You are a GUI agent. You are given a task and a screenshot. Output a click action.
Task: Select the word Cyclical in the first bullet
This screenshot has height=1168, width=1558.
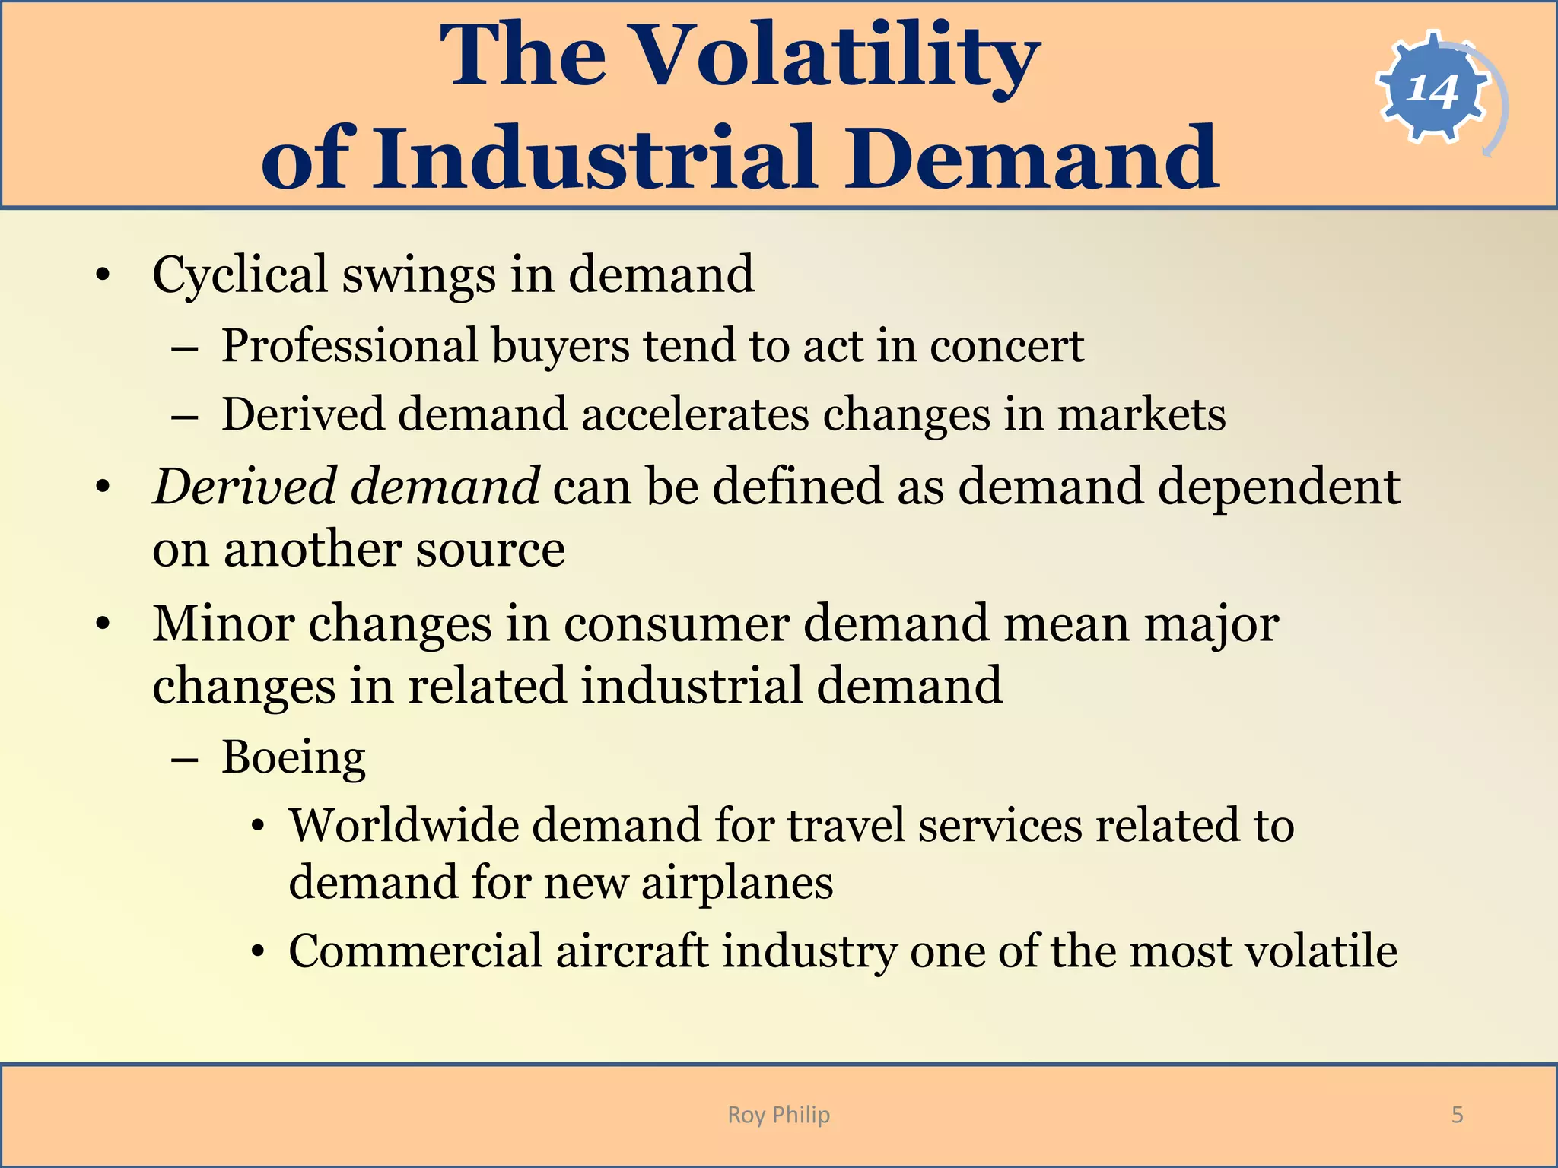pos(240,275)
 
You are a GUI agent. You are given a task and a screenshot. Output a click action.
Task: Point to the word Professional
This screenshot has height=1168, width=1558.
pos(349,347)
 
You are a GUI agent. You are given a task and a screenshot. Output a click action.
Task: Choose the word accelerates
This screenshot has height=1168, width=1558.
pos(695,415)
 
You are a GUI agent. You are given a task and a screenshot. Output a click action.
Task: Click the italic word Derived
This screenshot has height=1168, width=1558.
pos(243,487)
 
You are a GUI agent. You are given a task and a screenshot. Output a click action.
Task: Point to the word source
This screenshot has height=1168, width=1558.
pos(491,549)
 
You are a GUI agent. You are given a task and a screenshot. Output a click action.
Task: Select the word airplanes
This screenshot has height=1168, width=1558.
pos(736,884)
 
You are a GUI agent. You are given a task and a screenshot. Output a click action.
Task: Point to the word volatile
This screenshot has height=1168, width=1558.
pos(1321,951)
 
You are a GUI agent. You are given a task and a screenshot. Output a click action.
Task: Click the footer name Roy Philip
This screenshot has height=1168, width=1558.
pos(778,1115)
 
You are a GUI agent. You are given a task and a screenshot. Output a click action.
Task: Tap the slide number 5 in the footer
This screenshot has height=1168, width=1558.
pos(1457,1115)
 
